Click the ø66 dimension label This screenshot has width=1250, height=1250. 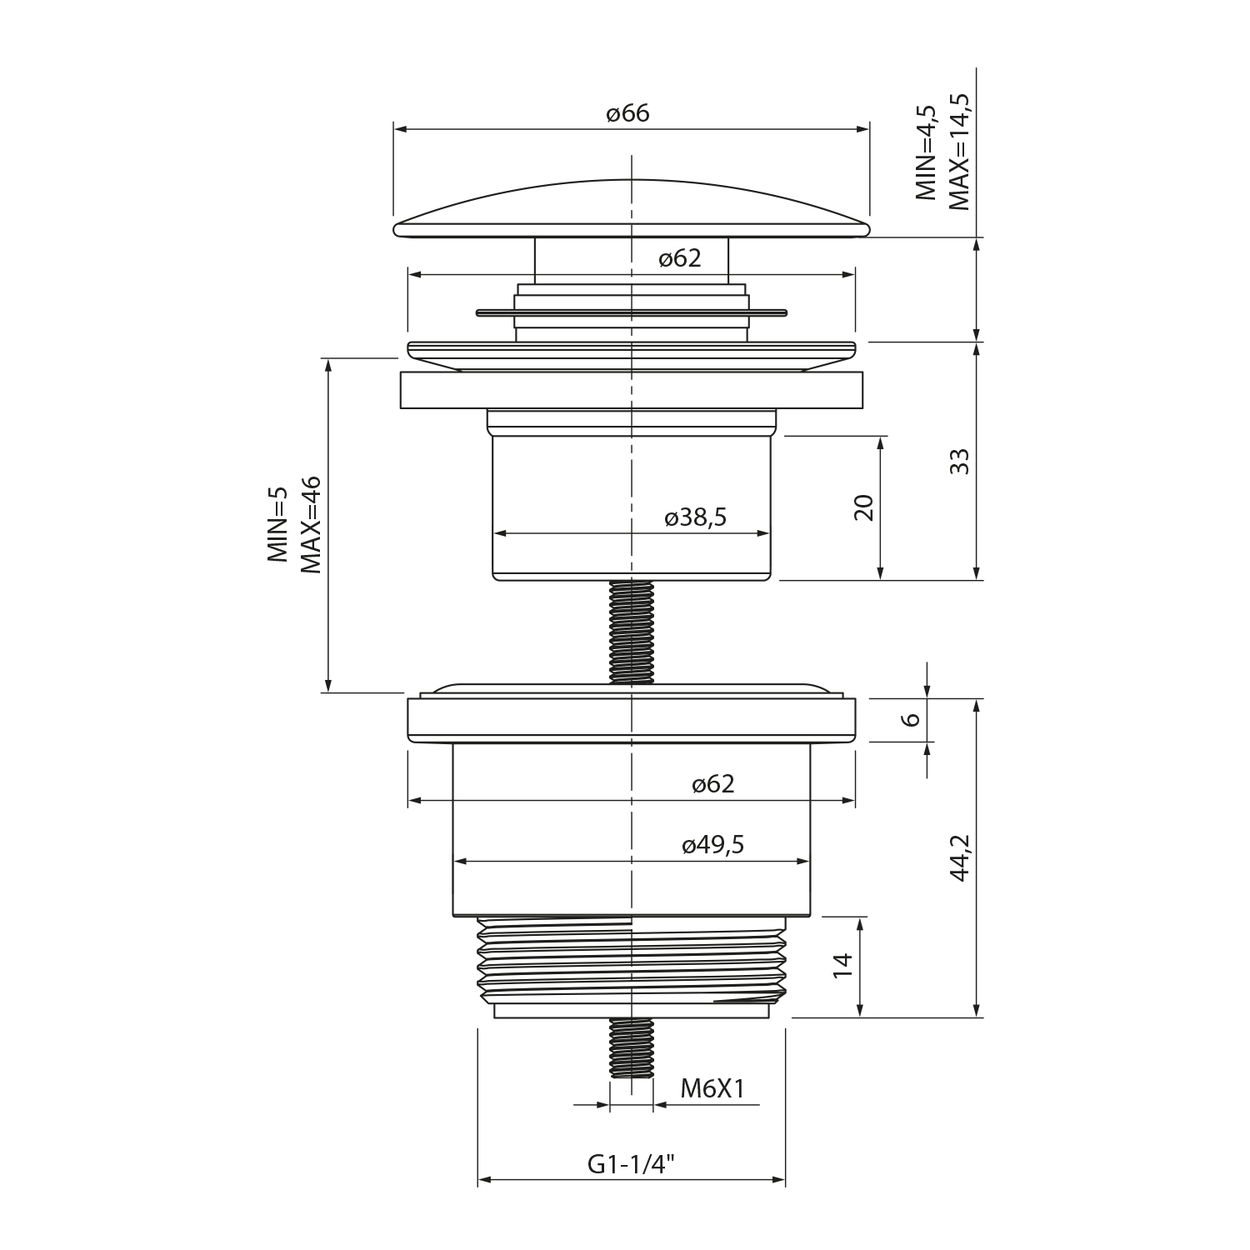pyautogui.click(x=627, y=113)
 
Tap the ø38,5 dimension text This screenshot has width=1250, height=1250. pyautogui.click(x=695, y=517)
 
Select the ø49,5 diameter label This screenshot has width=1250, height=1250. pyautogui.click(x=712, y=845)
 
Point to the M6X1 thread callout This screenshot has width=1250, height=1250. pyautogui.click(x=712, y=1087)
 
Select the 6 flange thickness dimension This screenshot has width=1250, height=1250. pyautogui.click(x=912, y=718)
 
